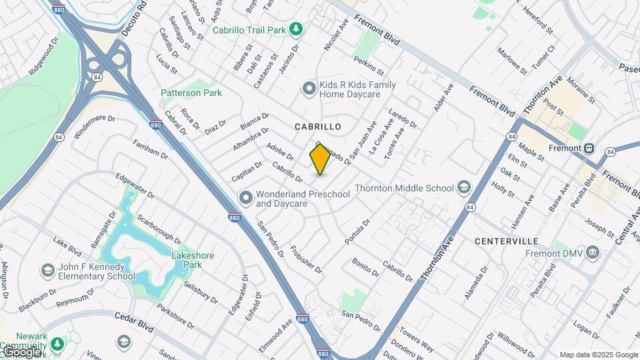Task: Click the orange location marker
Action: [320, 159]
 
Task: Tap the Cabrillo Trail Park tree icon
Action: [297, 30]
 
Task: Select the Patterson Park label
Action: [191, 93]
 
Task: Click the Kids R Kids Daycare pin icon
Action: [309, 88]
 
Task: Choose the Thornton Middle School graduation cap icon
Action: [463, 188]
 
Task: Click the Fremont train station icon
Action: [589, 147]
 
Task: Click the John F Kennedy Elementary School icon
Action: [47, 271]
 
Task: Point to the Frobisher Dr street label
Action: [306, 259]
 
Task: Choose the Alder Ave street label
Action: [443, 97]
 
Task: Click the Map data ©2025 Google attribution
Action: [599, 355]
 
